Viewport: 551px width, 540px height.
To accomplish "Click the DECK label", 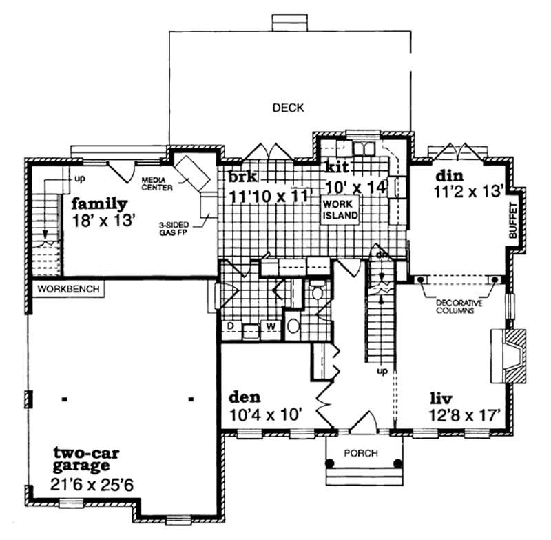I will point(288,108).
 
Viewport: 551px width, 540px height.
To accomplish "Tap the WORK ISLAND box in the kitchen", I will point(340,210).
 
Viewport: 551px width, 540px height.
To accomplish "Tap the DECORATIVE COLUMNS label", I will point(457,307).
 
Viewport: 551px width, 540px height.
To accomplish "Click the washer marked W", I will point(271,326).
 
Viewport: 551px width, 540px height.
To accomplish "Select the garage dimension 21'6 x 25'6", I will point(92,485).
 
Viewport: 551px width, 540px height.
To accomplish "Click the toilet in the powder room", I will point(318,292).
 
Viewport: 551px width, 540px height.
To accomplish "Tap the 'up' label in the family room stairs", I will point(79,179).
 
